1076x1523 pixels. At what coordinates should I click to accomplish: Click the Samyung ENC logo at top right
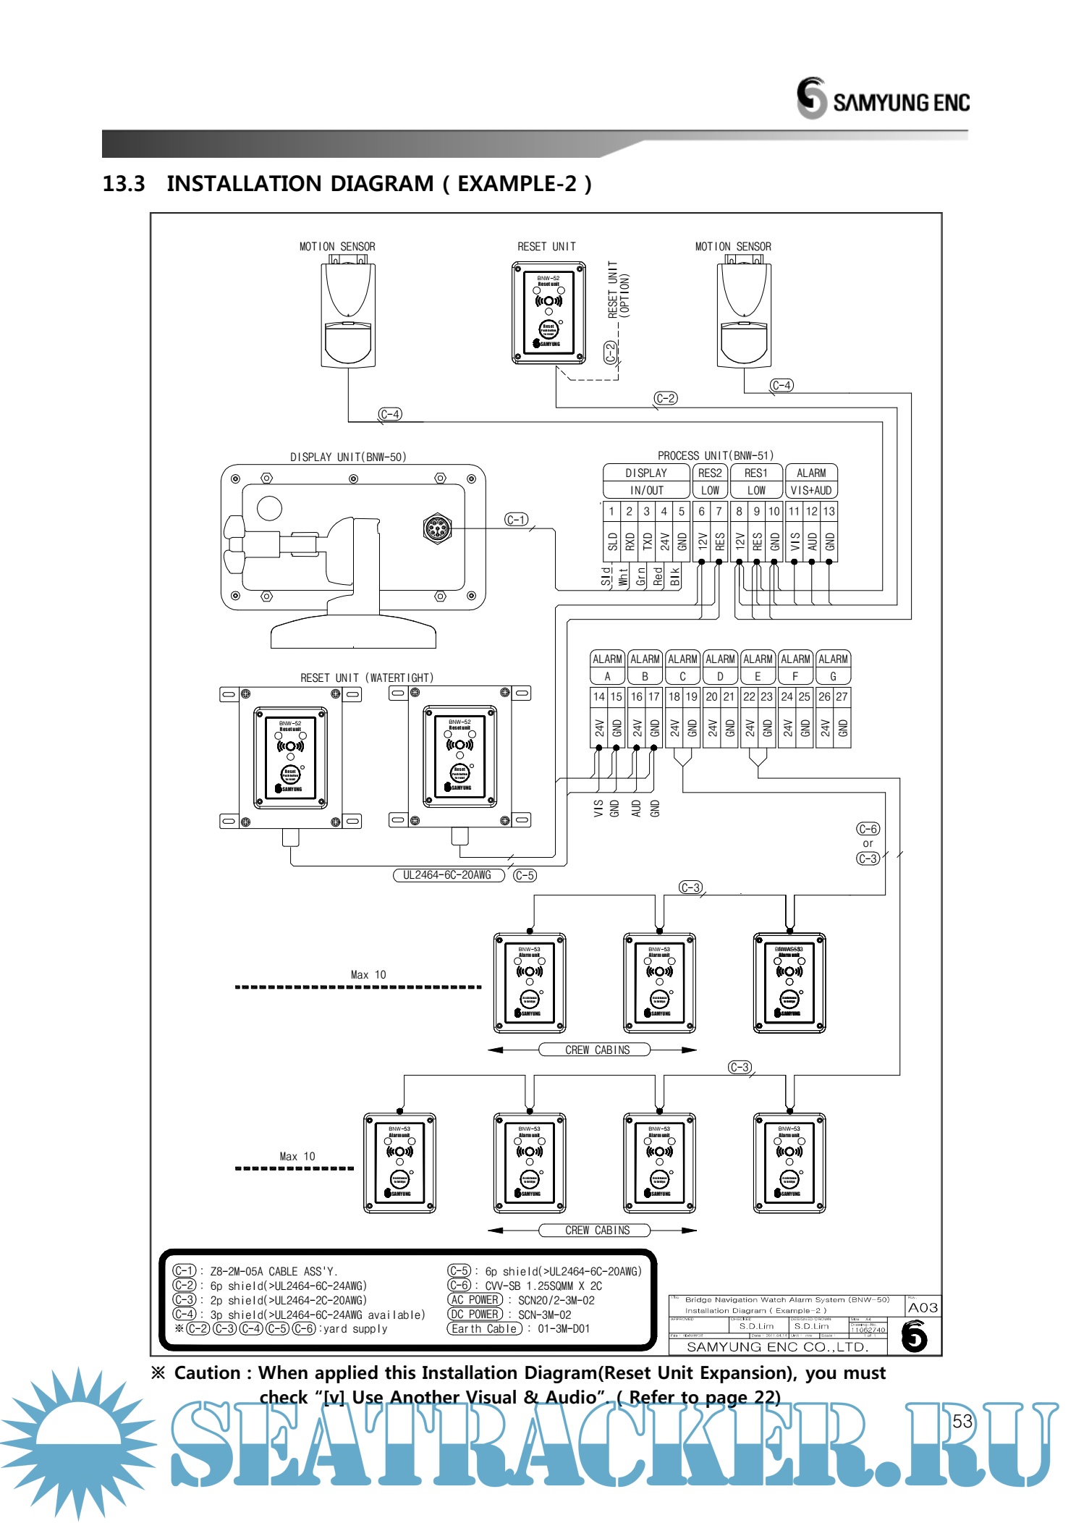883,98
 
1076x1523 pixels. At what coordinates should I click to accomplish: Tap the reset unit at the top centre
548,312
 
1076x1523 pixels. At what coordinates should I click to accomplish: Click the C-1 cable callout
516,520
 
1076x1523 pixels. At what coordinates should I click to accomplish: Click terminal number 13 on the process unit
829,511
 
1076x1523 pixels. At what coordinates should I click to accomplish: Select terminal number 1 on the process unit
611,511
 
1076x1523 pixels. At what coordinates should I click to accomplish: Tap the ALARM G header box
833,667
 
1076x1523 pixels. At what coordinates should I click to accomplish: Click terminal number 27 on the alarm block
842,696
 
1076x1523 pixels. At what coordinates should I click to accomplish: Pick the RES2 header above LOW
710,473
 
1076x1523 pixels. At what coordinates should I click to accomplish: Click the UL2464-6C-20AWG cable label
447,875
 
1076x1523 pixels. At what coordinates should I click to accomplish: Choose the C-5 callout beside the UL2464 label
525,875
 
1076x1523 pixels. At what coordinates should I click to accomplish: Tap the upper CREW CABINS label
597,1050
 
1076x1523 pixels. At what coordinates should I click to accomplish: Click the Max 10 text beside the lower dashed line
297,1156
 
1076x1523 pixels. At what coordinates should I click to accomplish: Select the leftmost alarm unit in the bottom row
399,1163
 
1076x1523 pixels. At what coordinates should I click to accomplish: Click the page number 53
962,1421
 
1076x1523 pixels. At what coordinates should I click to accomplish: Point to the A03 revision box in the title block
923,1307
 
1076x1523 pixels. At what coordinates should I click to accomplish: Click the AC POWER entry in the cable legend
475,1300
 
